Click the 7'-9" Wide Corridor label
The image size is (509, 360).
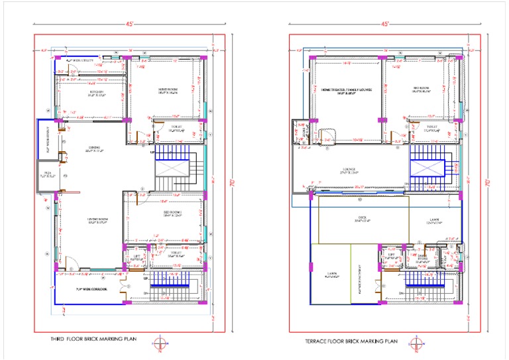pyautogui.click(x=91, y=289)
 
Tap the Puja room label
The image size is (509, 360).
pyautogui.click(x=45, y=176)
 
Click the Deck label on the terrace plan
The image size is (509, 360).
pyautogui.click(x=362, y=220)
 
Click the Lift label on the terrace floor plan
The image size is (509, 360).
pyautogui.click(x=391, y=255)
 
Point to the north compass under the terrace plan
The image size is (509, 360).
pyautogui.click(x=416, y=343)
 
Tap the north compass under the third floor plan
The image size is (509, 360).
pyautogui.click(x=158, y=343)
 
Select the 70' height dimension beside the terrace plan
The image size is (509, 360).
pyautogui.click(x=490, y=181)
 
